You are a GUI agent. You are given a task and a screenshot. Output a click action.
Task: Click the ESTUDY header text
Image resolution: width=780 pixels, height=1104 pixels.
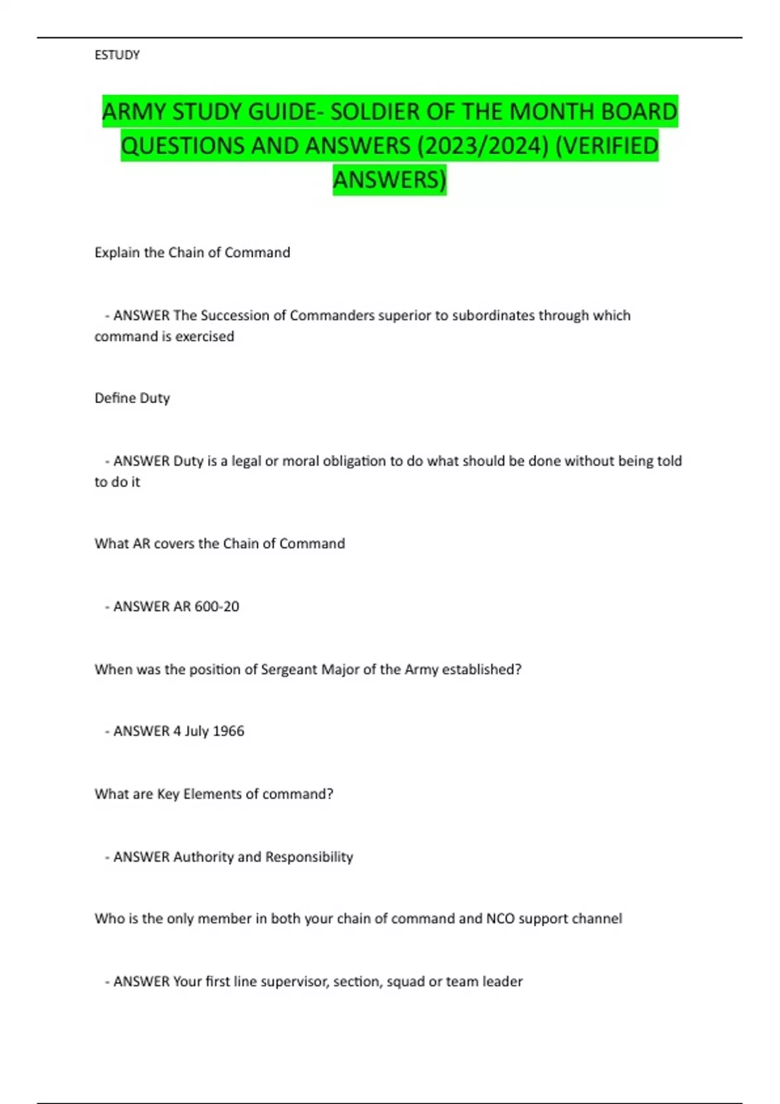pyautogui.click(x=117, y=55)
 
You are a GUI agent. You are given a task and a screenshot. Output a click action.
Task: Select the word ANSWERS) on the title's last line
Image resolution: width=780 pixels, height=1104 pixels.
pyautogui.click(x=389, y=179)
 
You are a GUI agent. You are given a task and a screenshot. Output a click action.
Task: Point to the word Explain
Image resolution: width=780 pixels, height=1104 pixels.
pyautogui.click(x=118, y=253)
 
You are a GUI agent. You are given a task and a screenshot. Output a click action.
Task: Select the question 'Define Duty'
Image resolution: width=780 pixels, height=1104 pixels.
pyautogui.click(x=132, y=398)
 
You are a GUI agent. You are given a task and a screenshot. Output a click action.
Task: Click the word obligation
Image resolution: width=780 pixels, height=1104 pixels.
pyautogui.click(x=334, y=461)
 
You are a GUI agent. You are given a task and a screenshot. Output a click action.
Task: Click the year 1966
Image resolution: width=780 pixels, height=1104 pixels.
pyautogui.click(x=228, y=731)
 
